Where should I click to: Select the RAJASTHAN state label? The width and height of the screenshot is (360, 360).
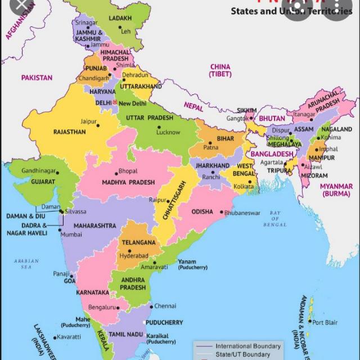click(69, 132)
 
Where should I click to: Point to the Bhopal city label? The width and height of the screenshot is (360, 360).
click(128, 171)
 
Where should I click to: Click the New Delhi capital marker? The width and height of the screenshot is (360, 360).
click(115, 103)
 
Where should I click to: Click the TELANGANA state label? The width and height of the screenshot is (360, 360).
click(138, 242)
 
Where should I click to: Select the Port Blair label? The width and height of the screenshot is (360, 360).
click(326, 322)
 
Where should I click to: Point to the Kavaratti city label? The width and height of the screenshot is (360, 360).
click(69, 336)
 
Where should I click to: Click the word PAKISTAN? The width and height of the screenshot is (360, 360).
click(37, 78)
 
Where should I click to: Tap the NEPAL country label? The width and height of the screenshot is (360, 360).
click(193, 106)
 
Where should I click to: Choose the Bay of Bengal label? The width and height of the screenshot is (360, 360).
click(274, 218)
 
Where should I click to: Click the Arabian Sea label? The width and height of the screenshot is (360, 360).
click(27, 264)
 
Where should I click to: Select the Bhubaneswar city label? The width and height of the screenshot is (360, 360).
click(242, 213)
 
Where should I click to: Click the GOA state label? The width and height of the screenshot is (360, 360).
click(70, 281)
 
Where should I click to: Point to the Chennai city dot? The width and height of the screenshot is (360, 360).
click(151, 307)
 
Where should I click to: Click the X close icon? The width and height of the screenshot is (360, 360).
click(20, 7)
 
